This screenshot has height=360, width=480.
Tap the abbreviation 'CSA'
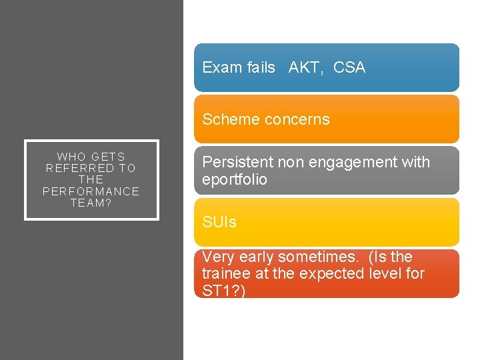click(x=349, y=67)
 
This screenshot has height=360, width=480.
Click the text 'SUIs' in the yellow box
click(x=219, y=223)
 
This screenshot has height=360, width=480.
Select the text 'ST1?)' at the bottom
click(x=223, y=291)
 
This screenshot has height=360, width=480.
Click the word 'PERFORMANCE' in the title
click(x=91, y=191)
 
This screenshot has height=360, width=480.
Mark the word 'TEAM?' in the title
click(x=91, y=203)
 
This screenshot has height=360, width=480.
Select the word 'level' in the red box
click(x=375, y=273)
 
